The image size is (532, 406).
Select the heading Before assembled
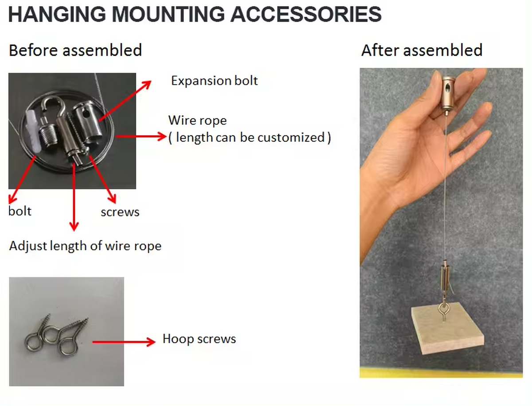pos(75,50)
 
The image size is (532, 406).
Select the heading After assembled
pos(422,50)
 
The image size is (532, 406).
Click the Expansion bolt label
pos(214,81)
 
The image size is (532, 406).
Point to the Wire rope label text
pos(197,120)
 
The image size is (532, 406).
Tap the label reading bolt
pos(20,211)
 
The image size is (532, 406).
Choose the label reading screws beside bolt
pos(120,212)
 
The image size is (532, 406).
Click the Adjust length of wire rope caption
pos(85,246)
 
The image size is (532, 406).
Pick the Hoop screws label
pos(199,339)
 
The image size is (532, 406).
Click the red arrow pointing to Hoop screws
pos(124,342)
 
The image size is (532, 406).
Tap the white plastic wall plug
pos(31,126)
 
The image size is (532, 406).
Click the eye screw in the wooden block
pos(443,310)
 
